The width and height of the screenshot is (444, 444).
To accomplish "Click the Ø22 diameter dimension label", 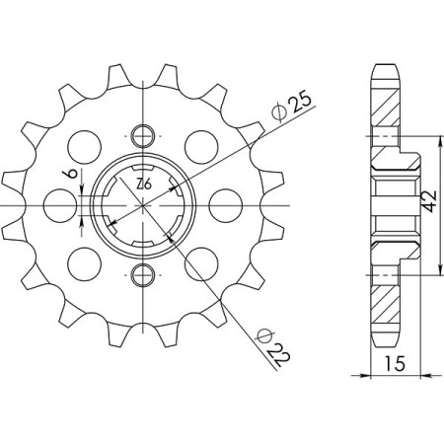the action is [273, 347].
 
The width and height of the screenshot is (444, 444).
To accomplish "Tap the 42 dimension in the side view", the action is [429, 201].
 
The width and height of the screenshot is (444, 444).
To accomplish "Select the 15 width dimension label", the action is [396, 363].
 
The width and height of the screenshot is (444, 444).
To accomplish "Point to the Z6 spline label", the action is [144, 185].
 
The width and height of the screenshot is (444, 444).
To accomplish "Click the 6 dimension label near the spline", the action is [73, 174].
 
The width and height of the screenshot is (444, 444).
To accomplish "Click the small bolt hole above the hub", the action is [143, 136].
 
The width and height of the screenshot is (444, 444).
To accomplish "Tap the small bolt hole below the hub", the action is [143, 275].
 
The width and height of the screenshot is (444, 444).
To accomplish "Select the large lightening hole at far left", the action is [60, 205].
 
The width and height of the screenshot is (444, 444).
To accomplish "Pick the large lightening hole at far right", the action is [226, 205].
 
